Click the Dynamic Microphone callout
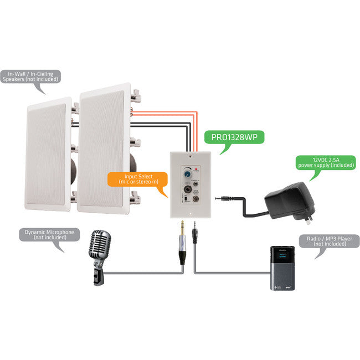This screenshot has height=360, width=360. tap(49, 235)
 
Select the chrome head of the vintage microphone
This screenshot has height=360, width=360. tap(100, 246)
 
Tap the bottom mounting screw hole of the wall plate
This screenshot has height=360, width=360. tap(189, 211)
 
